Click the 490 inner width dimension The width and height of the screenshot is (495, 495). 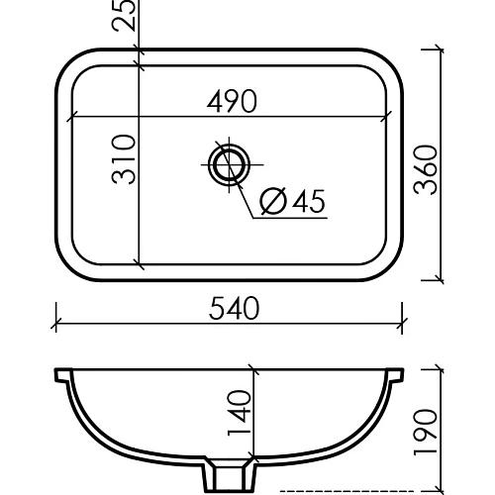tap(233, 101)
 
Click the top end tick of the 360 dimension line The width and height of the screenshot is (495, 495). tap(440, 47)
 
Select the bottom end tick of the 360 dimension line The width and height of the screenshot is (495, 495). tap(440, 280)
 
